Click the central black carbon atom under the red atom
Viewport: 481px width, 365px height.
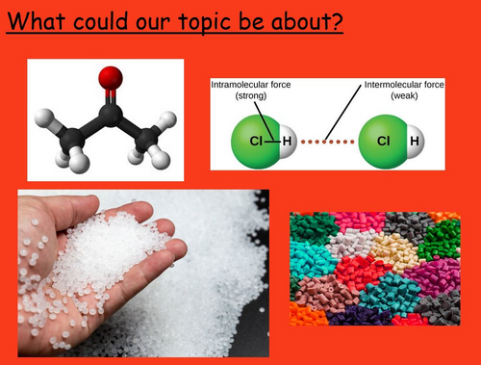tap(109, 116)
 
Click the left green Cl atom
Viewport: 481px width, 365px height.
tap(253, 142)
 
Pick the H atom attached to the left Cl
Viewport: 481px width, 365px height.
tap(286, 142)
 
